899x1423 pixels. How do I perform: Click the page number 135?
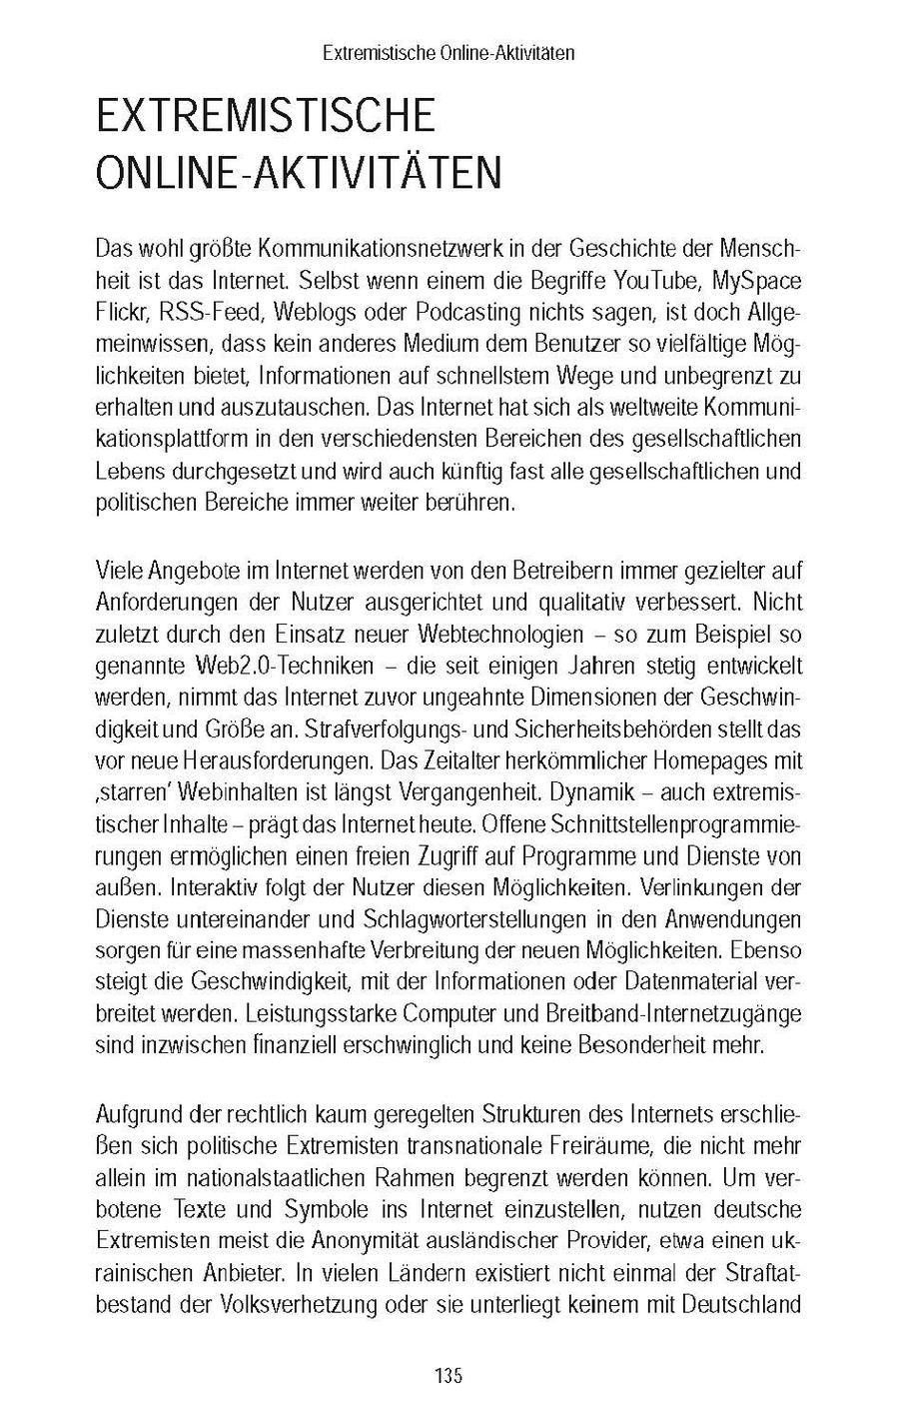tap(449, 1376)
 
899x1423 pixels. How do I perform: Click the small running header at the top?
tap(449, 53)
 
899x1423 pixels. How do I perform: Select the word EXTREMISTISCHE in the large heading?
tap(266, 117)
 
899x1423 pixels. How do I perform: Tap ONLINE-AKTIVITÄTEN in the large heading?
tap(298, 173)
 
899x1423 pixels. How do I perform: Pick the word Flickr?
tap(122, 312)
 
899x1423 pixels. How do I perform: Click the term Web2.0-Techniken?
tap(283, 666)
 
